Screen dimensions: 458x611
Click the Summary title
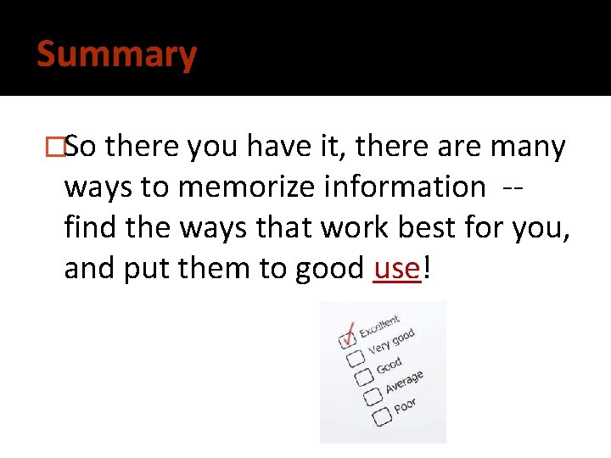(117, 55)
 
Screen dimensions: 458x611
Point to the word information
(404, 187)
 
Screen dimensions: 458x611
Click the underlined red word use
(396, 269)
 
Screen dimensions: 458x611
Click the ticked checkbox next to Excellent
(348, 339)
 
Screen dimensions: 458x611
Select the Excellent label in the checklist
(379, 327)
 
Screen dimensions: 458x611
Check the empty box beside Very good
(356, 358)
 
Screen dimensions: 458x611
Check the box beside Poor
(381, 415)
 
